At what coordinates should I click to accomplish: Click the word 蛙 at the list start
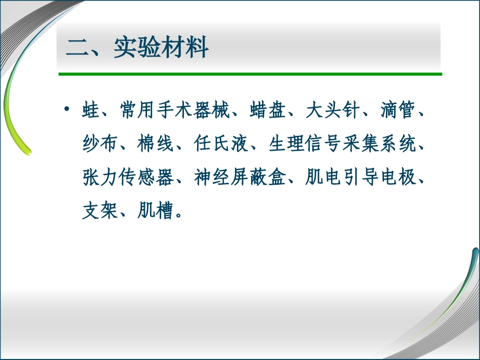91,111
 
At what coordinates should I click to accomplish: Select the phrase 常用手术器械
175,111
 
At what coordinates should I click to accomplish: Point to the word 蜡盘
268,111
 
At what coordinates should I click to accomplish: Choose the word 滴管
398,111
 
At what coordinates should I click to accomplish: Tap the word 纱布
101,144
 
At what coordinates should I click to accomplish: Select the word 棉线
157,144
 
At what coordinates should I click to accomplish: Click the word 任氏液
222,144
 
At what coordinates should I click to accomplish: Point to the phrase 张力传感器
129,178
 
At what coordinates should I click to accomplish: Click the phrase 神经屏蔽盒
241,178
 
